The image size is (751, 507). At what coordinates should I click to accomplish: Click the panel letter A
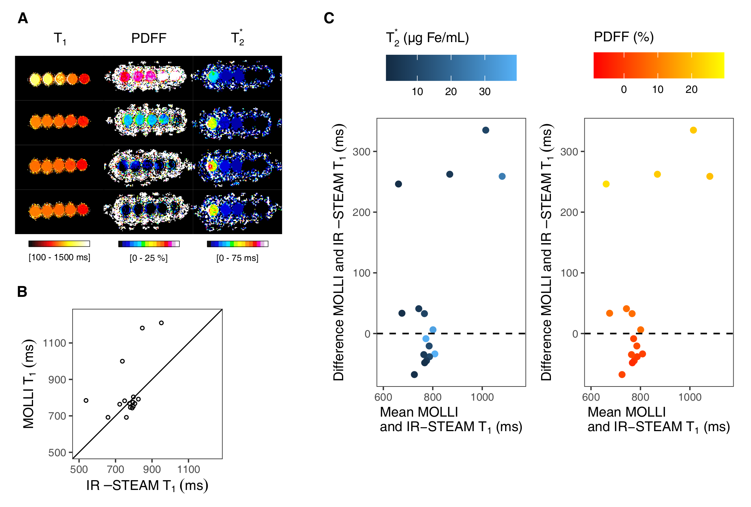click(23, 18)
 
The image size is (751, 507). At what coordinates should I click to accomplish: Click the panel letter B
click(22, 292)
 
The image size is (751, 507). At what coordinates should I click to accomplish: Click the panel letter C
click(329, 18)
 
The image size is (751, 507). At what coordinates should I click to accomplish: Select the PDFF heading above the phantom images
click(149, 38)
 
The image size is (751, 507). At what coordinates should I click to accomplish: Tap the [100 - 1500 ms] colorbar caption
click(60, 257)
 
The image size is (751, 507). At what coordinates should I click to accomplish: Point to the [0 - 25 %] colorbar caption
click(149, 258)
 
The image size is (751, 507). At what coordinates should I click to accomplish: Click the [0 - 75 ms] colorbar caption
click(238, 258)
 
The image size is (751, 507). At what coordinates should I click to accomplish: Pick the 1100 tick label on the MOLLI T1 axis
click(54, 343)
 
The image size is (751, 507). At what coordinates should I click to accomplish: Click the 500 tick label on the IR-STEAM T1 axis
click(79, 469)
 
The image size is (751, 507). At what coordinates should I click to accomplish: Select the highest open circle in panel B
click(161, 323)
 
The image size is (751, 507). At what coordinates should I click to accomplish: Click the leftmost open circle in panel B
click(86, 401)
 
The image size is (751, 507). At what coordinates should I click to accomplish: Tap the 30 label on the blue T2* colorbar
click(485, 91)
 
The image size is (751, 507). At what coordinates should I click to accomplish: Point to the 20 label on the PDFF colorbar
click(691, 90)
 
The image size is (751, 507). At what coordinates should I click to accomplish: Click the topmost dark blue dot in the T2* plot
click(486, 130)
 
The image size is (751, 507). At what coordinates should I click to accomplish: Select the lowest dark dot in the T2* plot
click(414, 375)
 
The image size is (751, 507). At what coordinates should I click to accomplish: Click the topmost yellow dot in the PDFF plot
click(693, 130)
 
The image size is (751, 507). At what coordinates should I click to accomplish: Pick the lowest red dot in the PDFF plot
click(622, 375)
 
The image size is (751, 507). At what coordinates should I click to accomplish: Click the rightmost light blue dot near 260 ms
click(502, 176)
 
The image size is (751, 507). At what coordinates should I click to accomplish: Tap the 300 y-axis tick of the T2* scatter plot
click(361, 152)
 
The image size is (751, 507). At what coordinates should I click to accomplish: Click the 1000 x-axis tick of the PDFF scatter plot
click(690, 397)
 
